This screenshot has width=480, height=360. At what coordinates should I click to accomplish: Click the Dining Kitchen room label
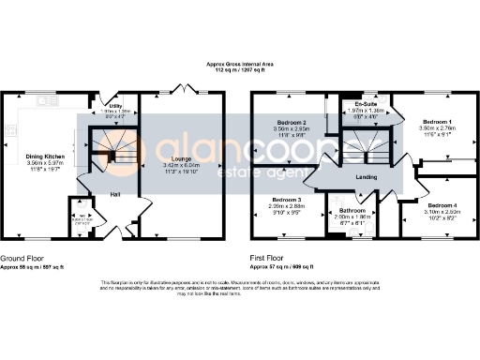pos(46,157)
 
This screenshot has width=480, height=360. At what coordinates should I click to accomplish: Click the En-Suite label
pos(352,105)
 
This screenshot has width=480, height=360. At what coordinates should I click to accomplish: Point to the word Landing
pos(366,176)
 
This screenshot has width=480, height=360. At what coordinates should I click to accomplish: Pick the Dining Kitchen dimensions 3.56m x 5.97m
pos(46,165)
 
